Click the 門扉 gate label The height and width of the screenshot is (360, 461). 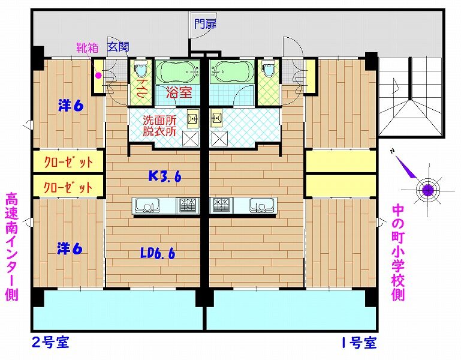coord(205,24)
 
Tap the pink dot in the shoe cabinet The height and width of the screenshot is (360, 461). coord(98,76)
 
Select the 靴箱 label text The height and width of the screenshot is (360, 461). coord(88,47)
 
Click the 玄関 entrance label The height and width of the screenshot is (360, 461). coord(118,47)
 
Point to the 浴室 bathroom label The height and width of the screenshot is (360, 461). coord(179,92)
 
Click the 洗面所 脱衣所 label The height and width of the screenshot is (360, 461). coord(159,125)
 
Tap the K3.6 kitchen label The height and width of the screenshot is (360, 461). coord(165,176)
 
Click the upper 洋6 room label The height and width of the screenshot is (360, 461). coord(71,106)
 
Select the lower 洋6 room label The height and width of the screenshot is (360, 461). coord(70,249)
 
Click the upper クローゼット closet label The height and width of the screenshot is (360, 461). coord(68,161)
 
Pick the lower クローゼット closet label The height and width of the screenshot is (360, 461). coord(68,187)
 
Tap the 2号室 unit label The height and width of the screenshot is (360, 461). coord(50,343)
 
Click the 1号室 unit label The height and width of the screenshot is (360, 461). coord(358,343)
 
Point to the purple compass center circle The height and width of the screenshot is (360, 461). coord(428,190)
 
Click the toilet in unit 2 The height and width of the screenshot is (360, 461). coord(141,68)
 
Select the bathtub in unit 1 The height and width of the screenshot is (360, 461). coord(232,72)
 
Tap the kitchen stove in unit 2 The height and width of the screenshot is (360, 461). coord(187,205)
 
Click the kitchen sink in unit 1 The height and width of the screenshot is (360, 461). coord(263,205)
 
